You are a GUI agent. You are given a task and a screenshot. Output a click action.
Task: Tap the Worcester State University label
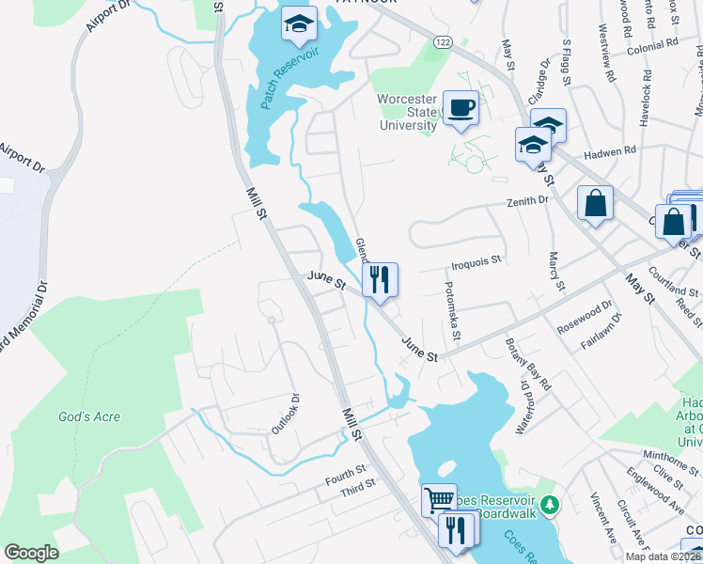click(408, 112)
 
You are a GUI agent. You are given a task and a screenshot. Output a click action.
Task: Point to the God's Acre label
click(89, 416)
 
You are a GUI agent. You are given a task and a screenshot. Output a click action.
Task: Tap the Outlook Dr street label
click(284, 414)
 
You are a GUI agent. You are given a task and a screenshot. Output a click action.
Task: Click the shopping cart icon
click(438, 499)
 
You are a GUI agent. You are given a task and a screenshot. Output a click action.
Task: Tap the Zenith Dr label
click(527, 201)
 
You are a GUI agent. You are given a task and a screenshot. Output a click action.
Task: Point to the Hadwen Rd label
click(609, 150)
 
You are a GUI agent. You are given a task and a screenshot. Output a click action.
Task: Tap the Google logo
click(31, 552)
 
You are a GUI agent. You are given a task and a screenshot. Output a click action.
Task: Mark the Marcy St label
click(555, 272)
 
